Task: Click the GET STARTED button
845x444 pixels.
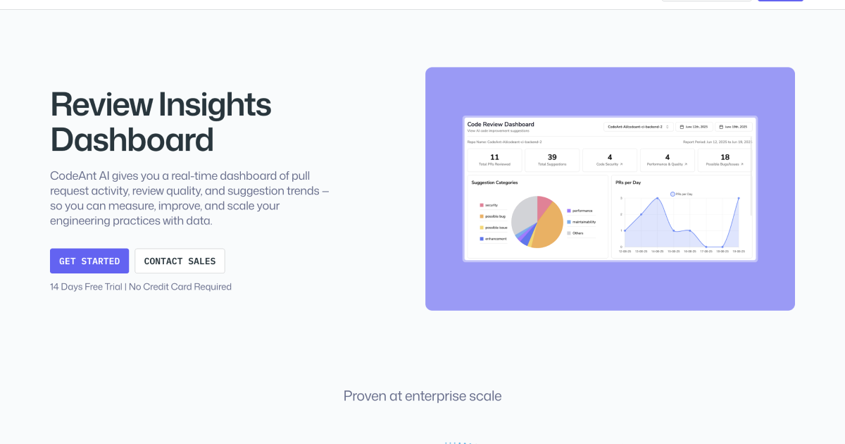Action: [89, 261]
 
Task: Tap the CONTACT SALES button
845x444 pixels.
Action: [180, 261]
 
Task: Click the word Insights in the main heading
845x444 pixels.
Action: [214, 105]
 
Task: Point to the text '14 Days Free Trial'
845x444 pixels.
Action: [85, 287]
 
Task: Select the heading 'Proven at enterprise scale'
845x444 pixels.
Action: [423, 396]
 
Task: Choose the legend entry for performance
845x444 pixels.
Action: [582, 211]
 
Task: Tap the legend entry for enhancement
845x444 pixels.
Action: [495, 239]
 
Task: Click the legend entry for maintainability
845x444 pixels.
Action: [584, 222]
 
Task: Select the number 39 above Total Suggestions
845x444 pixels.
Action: [552, 157]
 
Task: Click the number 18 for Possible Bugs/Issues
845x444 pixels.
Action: [725, 157]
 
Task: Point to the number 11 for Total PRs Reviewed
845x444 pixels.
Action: [494, 157]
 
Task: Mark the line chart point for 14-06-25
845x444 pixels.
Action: [657, 198]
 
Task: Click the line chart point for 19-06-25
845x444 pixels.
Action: [739, 198]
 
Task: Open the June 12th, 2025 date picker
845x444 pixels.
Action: [694, 127]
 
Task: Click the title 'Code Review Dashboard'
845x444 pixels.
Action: [501, 124]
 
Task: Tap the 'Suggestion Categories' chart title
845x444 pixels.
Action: [494, 183]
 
